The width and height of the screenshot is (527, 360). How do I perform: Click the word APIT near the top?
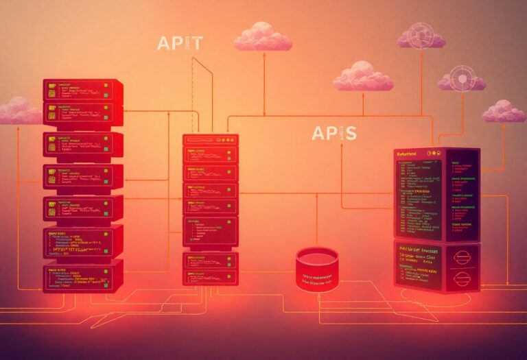(x=180, y=43)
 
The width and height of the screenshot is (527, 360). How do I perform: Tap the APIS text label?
(x=333, y=133)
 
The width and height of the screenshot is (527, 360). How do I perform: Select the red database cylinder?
(x=317, y=267)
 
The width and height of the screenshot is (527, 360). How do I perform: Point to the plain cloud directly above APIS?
(x=363, y=77)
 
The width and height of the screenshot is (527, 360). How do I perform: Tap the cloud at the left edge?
(x=19, y=111)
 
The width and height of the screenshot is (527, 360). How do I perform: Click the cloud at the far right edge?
(x=504, y=111)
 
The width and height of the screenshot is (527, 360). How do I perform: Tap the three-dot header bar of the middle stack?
(x=211, y=139)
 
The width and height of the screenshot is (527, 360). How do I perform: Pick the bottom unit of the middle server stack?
(x=211, y=268)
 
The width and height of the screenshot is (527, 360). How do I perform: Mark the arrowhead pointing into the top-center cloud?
(x=263, y=53)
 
